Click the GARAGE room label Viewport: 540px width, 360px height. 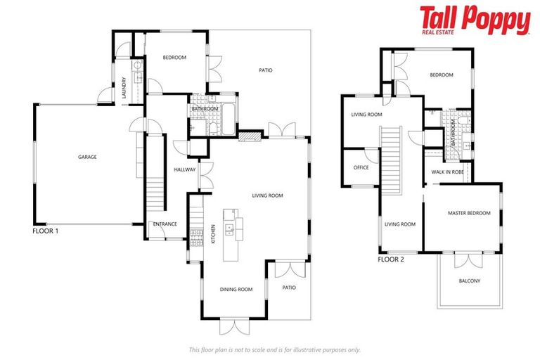coord(87,157)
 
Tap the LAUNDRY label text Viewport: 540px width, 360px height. coord(124,86)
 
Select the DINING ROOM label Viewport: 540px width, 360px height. coord(236,289)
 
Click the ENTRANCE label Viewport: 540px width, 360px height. coord(165,224)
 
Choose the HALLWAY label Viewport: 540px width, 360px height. coord(184,169)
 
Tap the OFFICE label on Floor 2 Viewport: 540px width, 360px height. coord(361,168)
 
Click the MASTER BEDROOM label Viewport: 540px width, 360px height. coord(469,212)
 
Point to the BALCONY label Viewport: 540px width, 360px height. coord(469,281)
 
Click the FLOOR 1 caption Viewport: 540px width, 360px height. coord(46,231)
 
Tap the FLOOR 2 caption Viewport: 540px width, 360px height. coord(391,259)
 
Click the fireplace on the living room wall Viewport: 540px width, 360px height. coord(249,137)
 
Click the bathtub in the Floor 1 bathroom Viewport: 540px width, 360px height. coord(229,118)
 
